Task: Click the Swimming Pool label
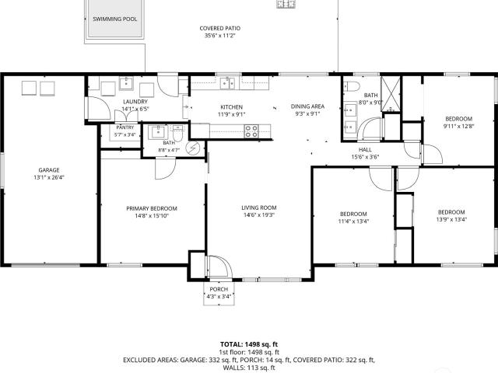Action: pyautogui.click(x=115, y=19)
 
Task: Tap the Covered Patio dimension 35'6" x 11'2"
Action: pyautogui.click(x=219, y=36)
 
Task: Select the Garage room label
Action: pyautogui.click(x=49, y=170)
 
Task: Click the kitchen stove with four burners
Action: pyautogui.click(x=251, y=131)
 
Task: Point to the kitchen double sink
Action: pyautogui.click(x=227, y=83)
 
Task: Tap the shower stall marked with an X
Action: pyautogui.click(x=391, y=94)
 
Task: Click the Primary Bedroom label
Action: pyautogui.click(x=152, y=208)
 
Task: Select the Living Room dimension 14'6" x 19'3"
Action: pyautogui.click(x=259, y=215)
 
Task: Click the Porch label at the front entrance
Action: pyautogui.click(x=219, y=289)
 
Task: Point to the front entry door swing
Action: pyautogui.click(x=219, y=267)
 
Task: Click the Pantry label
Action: pyautogui.click(x=125, y=127)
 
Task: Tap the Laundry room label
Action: pyautogui.click(x=135, y=102)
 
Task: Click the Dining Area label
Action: pyautogui.click(x=307, y=106)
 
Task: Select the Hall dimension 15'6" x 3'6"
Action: pyautogui.click(x=365, y=157)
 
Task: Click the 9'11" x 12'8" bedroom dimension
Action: pyautogui.click(x=458, y=126)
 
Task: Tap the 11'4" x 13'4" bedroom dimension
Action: pyautogui.click(x=353, y=221)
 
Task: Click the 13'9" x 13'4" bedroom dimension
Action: pyautogui.click(x=451, y=219)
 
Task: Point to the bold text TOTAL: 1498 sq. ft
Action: pyautogui.click(x=249, y=344)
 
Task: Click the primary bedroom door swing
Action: pyautogui.click(x=165, y=169)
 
